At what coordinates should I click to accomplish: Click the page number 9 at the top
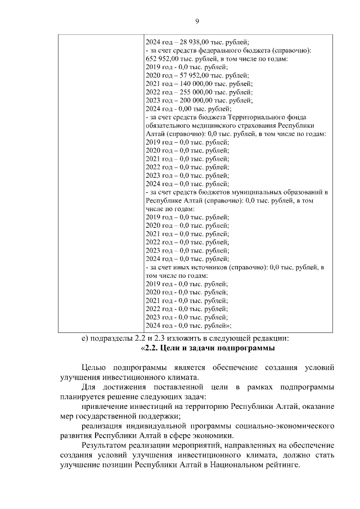[x=197, y=21]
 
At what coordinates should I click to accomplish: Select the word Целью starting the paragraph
[x=94, y=368]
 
